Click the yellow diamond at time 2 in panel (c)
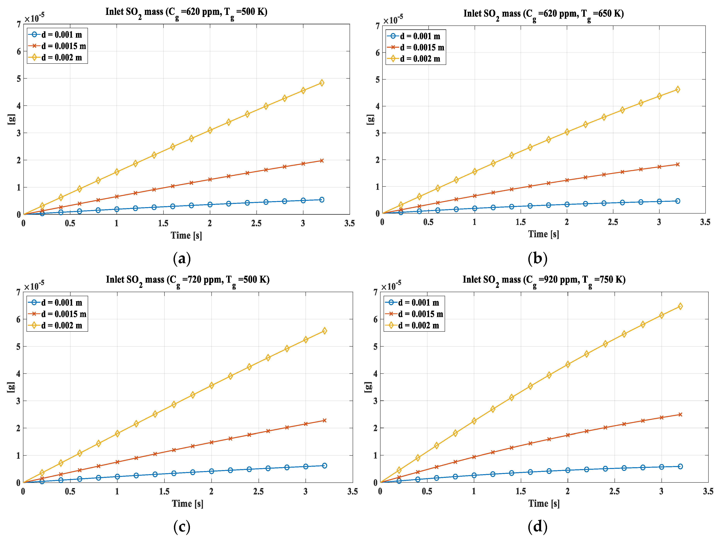coord(211,385)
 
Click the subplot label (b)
coord(537,259)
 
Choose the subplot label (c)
coord(181,527)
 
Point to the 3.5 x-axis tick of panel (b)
coord(705,222)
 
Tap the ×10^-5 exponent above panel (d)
coord(391,286)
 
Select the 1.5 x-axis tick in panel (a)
coord(163,223)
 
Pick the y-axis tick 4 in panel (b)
coord(377,106)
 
